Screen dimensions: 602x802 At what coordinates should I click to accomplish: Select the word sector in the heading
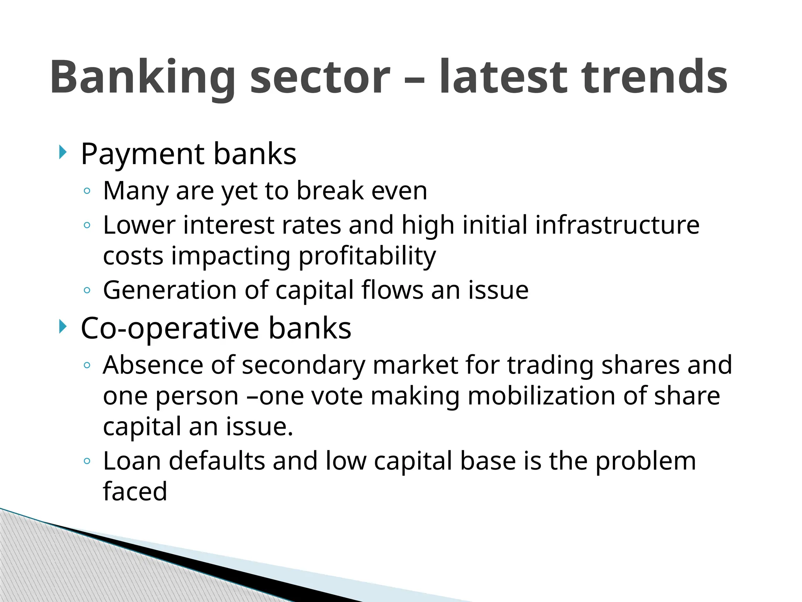[320, 78]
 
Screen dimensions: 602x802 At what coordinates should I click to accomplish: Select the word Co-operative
[170, 328]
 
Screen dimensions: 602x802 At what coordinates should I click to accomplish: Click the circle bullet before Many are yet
[87, 191]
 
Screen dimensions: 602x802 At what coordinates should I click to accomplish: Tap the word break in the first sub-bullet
[330, 191]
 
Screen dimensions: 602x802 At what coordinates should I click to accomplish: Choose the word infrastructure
[617, 225]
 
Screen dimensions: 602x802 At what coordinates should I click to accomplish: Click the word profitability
[367, 257]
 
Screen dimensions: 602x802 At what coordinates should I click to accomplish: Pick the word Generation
[170, 290]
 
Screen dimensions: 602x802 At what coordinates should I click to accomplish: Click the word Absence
[153, 365]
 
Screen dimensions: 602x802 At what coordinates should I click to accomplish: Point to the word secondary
[303, 366]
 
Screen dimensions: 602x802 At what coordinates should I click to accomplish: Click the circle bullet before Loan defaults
[87, 461]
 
